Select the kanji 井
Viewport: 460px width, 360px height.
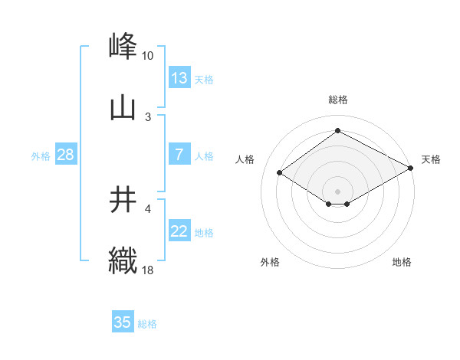[123, 200]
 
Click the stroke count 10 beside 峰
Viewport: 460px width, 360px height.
[148, 56]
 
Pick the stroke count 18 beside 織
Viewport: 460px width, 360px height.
[148, 270]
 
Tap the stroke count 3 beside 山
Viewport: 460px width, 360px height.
[148, 116]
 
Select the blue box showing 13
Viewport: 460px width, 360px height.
[179, 78]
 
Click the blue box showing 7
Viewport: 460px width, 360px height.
[179, 155]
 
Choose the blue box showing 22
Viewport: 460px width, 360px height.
[179, 231]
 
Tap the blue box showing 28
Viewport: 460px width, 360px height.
[65, 155]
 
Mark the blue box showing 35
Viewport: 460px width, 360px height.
[123, 322]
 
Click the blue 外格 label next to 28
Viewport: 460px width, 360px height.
[41, 156]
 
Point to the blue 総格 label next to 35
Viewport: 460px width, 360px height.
[147, 324]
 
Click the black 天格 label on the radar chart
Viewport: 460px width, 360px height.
[431, 159]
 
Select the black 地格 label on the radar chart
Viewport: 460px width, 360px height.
[402, 262]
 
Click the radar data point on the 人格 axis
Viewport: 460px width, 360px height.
[280, 173]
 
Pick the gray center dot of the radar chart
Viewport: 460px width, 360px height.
[337, 191]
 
